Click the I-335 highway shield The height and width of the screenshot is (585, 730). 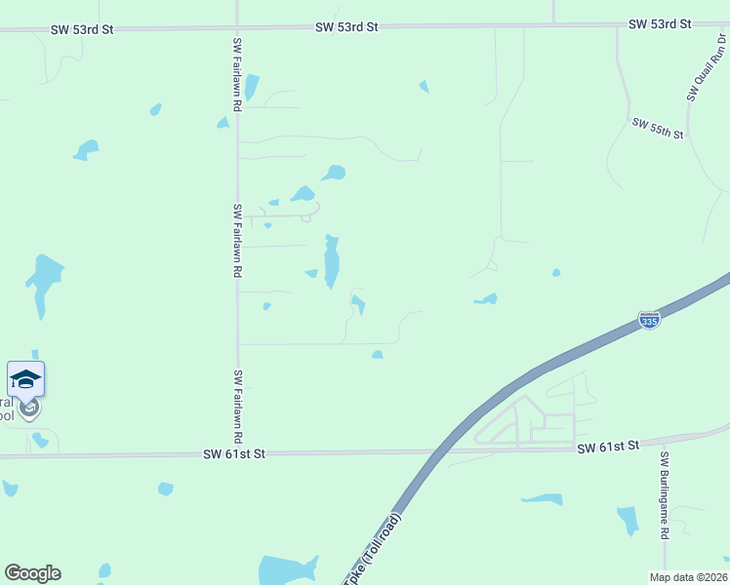(649, 319)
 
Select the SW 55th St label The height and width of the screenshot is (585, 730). (658, 129)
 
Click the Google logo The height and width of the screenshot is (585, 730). (32, 573)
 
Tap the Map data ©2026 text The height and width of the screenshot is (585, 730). (689, 577)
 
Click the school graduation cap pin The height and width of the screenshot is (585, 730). (25, 378)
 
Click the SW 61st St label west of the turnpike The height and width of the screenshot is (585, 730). (234, 453)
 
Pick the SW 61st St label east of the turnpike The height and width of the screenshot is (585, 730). (607, 447)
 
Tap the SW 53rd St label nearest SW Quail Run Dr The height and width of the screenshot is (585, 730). (660, 23)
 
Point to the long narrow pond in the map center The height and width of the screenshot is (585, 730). (332, 261)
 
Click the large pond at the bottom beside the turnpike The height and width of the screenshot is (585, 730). (288, 569)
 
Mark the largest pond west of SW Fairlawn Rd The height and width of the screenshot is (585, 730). (43, 280)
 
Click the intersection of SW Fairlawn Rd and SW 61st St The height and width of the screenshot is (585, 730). (237, 454)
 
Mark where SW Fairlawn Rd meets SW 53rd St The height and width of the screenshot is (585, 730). (237, 28)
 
